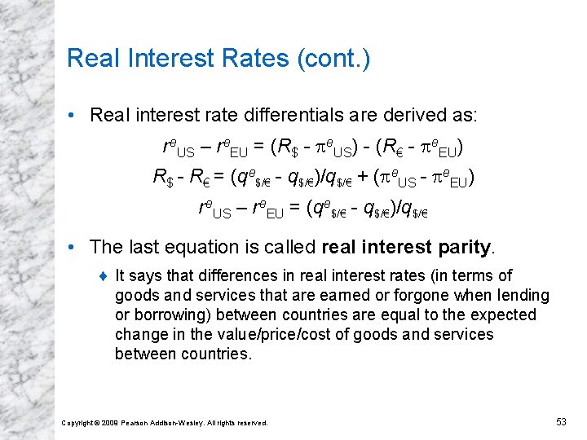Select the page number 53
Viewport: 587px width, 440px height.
pyautogui.click(x=560, y=421)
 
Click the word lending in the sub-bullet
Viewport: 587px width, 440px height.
pyautogui.click(x=525, y=295)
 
